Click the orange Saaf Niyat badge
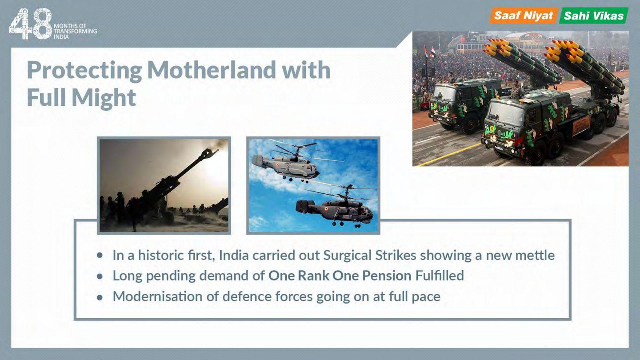(x=524, y=16)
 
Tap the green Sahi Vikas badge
(x=594, y=16)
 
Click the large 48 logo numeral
(x=30, y=24)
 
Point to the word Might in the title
(x=104, y=98)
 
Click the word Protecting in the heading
(x=84, y=71)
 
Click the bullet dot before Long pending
(x=100, y=276)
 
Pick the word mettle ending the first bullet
(x=535, y=255)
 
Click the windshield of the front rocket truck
(x=506, y=114)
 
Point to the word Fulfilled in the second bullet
(x=440, y=276)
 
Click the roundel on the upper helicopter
(x=277, y=164)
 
